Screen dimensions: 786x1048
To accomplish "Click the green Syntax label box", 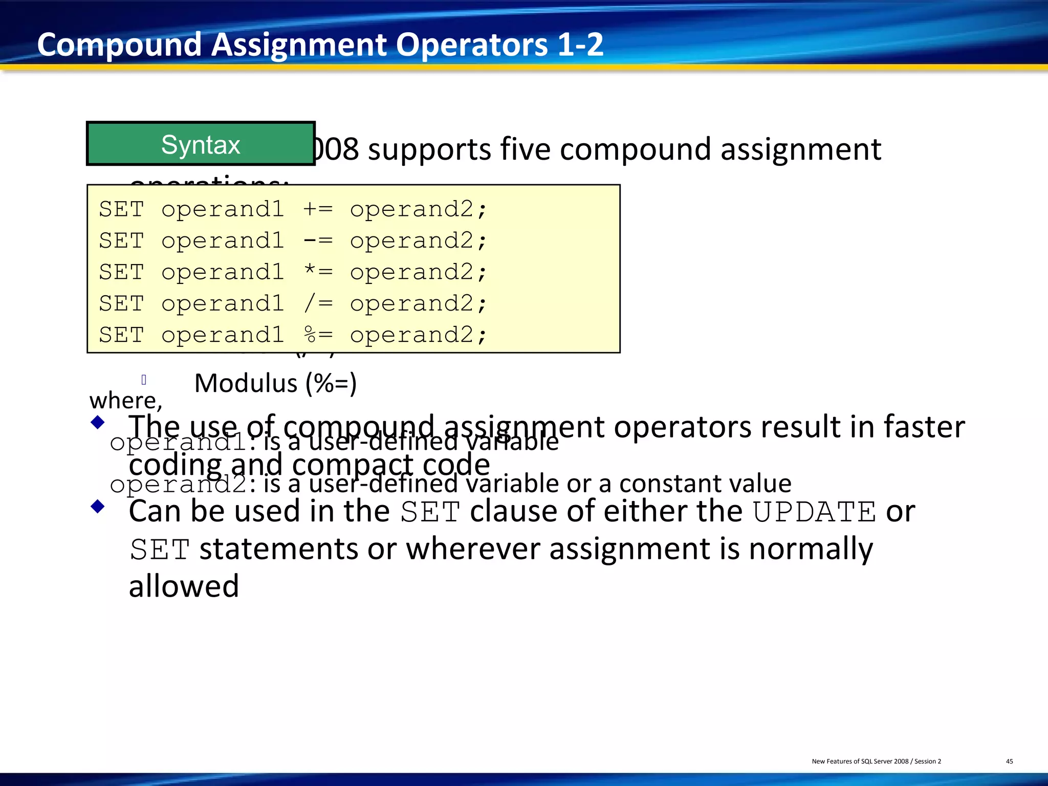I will coord(201,144).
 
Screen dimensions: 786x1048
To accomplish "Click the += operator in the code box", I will coord(318,209).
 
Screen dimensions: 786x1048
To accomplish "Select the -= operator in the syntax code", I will coord(318,241).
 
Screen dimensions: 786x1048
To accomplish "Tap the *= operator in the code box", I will coord(318,272).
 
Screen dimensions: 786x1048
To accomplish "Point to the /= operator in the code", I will coord(318,303).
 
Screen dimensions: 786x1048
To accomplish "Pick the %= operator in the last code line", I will coord(318,335).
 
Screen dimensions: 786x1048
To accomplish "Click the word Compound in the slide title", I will coord(119,45).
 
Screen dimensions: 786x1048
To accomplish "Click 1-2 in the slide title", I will coord(580,45).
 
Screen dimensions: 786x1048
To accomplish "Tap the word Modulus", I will coord(246,383).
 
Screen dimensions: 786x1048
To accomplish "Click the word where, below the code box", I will coord(126,401).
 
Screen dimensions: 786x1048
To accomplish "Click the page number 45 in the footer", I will coord(1010,761).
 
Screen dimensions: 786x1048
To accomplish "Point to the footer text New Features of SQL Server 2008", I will coord(860,761).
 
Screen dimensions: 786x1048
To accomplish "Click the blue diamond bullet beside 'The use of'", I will coord(97,423).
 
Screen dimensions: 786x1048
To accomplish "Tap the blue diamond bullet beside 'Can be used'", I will coord(97,507).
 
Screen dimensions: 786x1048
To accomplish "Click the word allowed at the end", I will coord(184,586).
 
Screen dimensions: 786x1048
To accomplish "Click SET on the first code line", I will coord(122,209).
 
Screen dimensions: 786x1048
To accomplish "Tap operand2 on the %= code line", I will coord(412,335).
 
